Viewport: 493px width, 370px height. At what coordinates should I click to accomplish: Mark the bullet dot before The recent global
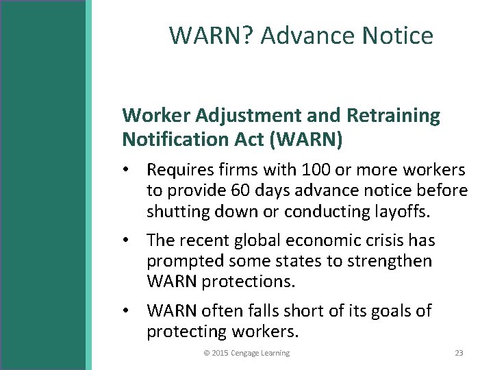127,241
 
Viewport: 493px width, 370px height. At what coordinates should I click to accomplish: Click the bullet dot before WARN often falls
127,311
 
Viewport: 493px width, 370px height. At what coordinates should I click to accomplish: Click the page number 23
459,353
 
